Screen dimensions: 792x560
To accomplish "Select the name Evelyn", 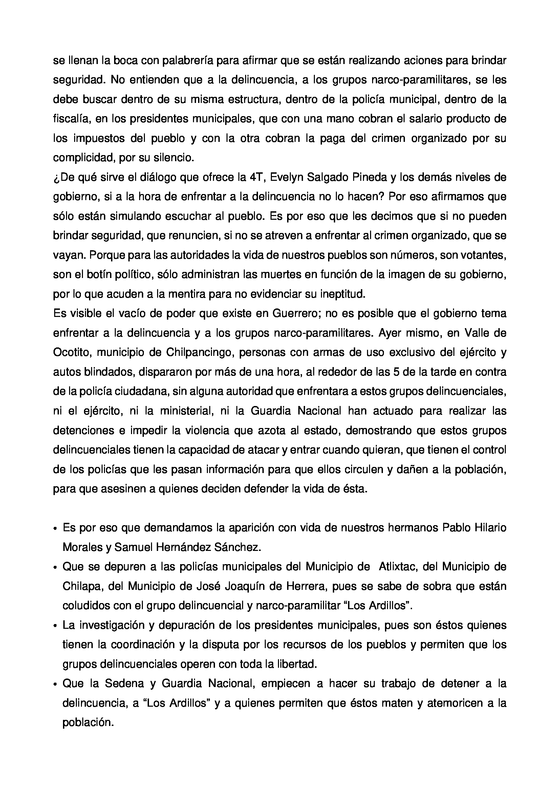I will tap(285, 177).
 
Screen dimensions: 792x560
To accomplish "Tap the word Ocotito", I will tap(71, 352).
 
